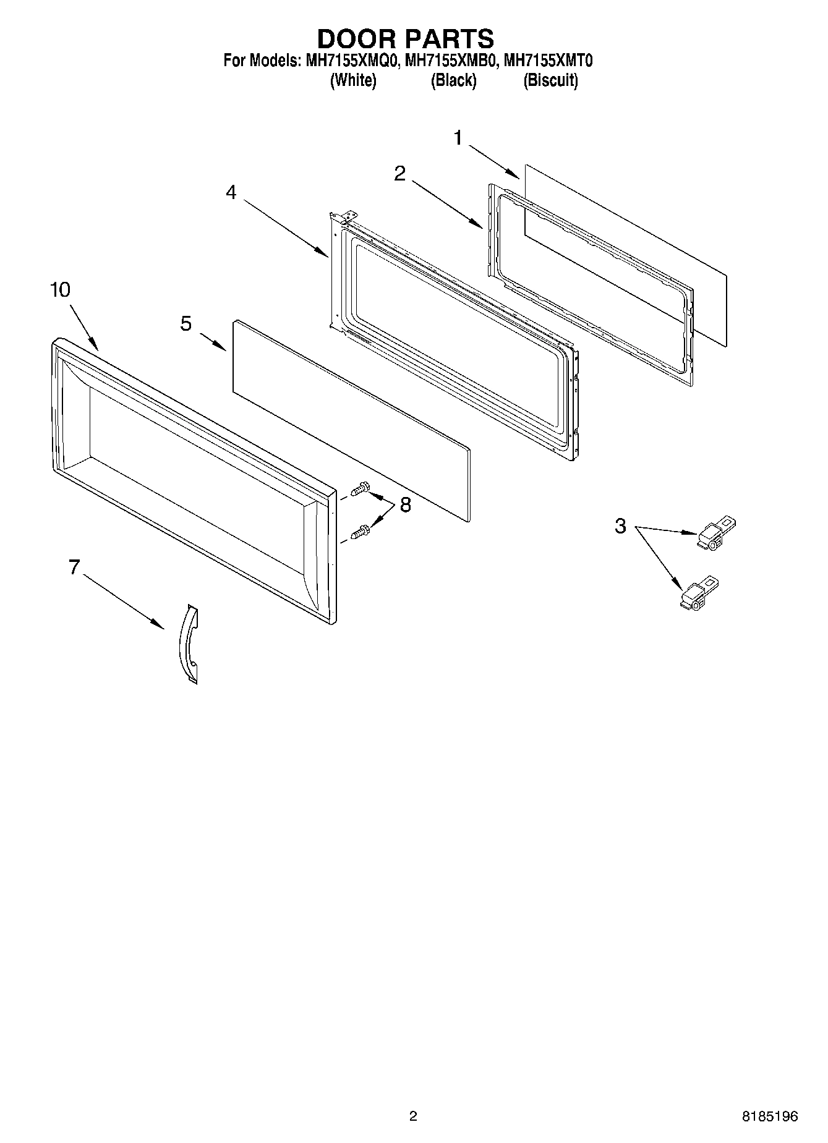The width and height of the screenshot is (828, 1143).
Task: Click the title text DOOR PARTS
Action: pyautogui.click(x=405, y=38)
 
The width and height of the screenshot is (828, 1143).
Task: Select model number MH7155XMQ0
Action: pyautogui.click(x=351, y=61)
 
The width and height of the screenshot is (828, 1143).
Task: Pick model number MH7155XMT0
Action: pyautogui.click(x=548, y=61)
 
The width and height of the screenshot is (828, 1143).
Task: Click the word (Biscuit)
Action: pyautogui.click(x=550, y=80)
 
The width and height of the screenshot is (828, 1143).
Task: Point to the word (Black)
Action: pyautogui.click(x=453, y=80)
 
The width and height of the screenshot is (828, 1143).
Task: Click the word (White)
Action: pyautogui.click(x=353, y=80)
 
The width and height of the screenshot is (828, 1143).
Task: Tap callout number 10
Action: pyautogui.click(x=60, y=289)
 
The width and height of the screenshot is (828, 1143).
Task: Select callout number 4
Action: pyautogui.click(x=231, y=192)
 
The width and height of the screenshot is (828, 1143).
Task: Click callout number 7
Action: pyautogui.click(x=74, y=567)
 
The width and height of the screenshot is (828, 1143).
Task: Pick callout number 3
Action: pyautogui.click(x=620, y=527)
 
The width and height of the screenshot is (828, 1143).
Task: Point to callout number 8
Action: pyautogui.click(x=405, y=505)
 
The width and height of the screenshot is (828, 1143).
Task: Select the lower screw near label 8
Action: pyautogui.click(x=361, y=531)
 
